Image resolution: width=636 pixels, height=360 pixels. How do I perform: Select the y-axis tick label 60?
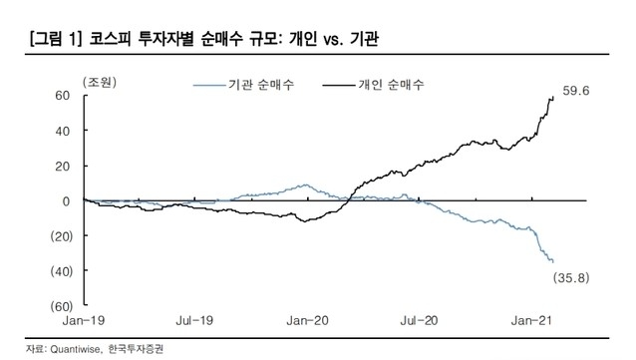click(61, 96)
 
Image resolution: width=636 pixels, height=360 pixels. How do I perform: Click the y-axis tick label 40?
click(61, 131)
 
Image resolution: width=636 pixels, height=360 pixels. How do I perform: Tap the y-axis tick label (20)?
click(58, 235)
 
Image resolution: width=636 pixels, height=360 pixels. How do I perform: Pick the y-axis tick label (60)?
click(58, 305)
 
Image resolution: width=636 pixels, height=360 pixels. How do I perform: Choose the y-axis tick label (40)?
click(58, 270)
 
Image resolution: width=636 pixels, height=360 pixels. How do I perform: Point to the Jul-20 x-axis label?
click(422, 323)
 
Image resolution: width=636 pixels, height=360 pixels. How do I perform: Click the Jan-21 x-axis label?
click(530, 323)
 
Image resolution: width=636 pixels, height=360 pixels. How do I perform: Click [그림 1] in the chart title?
click(48, 41)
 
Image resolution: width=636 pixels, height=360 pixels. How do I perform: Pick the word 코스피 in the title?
click(114, 41)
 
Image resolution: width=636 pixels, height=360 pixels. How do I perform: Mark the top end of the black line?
click(553, 97)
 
